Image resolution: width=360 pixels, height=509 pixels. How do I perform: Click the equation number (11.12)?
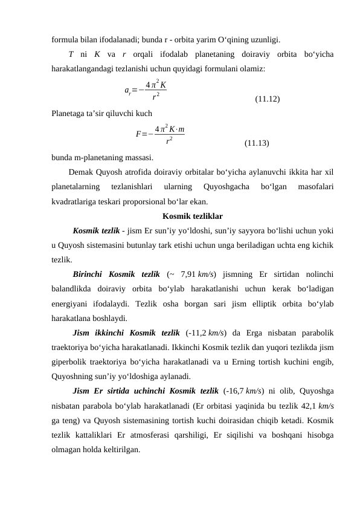(267, 99)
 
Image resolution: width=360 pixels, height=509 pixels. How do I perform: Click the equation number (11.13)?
(257, 143)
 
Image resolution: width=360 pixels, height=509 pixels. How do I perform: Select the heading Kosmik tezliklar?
(193, 215)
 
